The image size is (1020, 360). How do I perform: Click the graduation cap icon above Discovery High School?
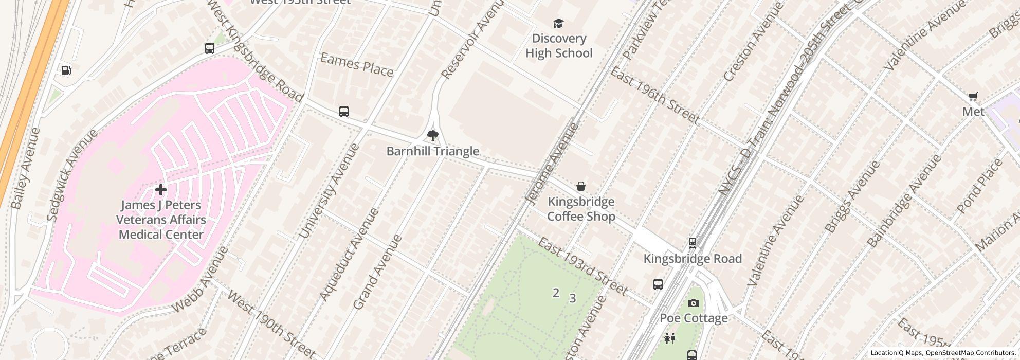[558, 24]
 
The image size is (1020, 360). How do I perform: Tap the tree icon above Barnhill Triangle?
[433, 136]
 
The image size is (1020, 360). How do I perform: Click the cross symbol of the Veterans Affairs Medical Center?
[160, 190]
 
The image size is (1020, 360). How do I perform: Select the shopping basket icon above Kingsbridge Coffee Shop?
[581, 186]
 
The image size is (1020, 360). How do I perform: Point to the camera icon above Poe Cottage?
[693, 303]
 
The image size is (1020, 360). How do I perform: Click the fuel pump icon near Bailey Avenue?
[66, 70]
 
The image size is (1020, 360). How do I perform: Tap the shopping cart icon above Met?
[973, 96]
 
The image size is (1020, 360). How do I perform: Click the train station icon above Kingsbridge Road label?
[693, 242]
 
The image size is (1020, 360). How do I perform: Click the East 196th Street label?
[654, 96]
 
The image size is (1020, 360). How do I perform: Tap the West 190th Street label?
[270, 325]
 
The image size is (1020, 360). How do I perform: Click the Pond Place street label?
[980, 186]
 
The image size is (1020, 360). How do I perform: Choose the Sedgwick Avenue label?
[71, 175]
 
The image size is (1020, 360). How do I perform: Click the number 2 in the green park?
[556, 293]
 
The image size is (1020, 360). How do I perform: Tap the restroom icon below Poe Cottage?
[669, 338]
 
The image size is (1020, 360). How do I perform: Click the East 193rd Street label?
[582, 267]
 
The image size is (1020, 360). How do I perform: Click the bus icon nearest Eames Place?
[344, 111]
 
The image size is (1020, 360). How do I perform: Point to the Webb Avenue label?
[200, 280]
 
